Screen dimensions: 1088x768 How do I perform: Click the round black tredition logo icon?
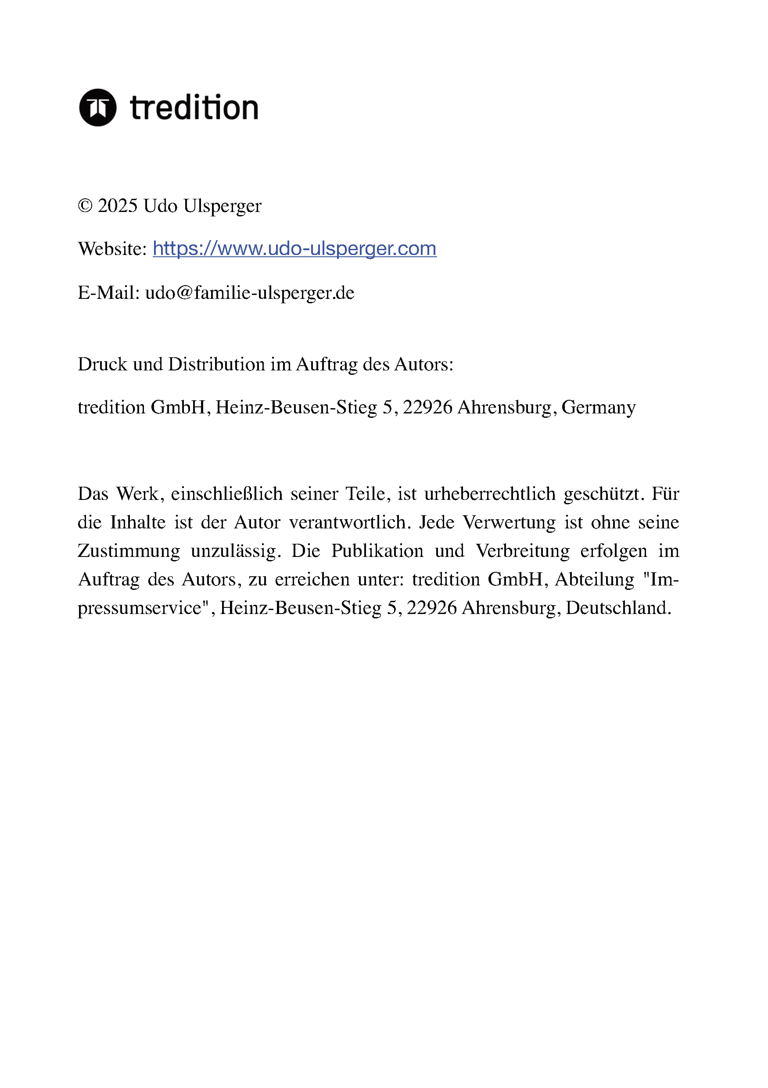pos(98,108)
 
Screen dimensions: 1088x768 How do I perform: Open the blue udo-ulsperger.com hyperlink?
pos(294,249)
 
